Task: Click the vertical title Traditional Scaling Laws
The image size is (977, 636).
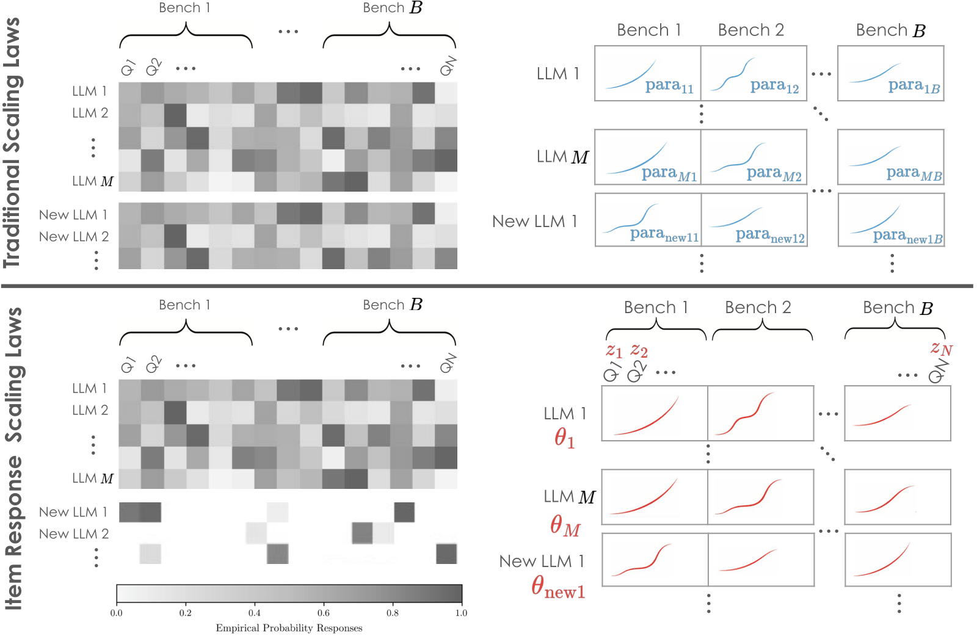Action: point(12,143)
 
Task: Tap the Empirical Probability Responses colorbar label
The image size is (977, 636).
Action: point(289,628)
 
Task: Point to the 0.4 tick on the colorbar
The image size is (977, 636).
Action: point(254,613)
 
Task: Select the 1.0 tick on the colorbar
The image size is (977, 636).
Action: point(461,613)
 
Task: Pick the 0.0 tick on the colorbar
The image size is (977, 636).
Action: point(116,613)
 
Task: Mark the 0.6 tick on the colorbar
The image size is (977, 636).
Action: point(323,613)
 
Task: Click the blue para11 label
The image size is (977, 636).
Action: point(669,86)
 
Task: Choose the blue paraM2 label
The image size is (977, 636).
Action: point(774,174)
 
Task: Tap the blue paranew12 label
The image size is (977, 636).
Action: point(770,236)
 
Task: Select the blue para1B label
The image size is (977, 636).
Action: point(913,86)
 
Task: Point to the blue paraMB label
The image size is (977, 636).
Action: point(913,174)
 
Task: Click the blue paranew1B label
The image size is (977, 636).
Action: point(907,236)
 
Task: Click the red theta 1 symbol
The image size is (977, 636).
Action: point(564,438)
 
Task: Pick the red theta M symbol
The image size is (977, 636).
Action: point(565,526)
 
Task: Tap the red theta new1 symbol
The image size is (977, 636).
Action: point(558,587)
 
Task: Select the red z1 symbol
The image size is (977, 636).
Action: point(614,351)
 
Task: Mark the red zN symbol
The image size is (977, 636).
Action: point(941,349)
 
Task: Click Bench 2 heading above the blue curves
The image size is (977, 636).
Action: point(750,30)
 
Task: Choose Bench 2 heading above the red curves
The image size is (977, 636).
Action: point(758,308)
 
